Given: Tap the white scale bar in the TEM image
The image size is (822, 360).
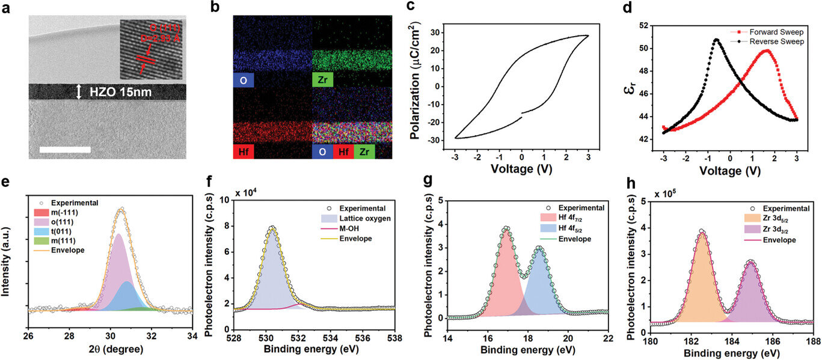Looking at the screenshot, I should [x=65, y=149].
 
